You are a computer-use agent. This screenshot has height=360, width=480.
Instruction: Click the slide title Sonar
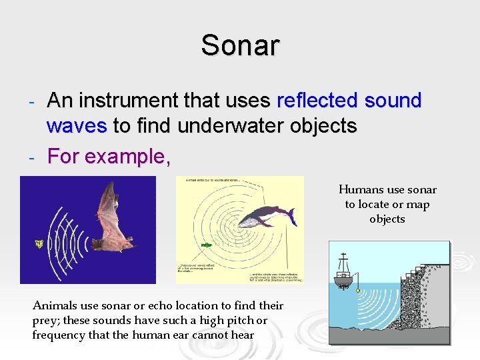[240, 45]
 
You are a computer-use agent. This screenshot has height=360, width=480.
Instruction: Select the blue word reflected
[317, 101]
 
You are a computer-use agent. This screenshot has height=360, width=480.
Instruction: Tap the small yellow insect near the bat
[39, 244]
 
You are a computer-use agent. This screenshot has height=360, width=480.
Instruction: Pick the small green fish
[207, 245]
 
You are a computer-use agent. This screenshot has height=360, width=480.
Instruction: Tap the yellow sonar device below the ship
[358, 291]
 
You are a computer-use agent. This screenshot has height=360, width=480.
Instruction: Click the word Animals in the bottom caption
[54, 306]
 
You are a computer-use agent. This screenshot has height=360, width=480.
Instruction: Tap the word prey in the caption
[44, 321]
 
